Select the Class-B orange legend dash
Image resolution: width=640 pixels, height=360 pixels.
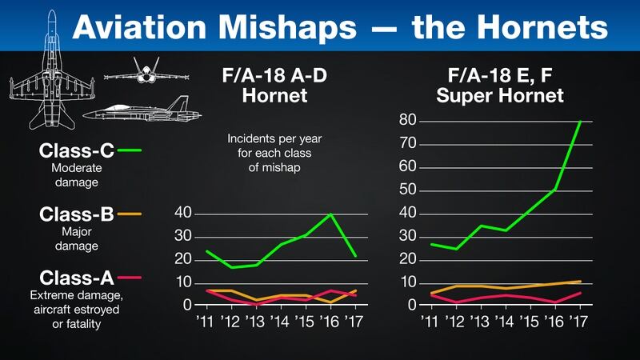129,214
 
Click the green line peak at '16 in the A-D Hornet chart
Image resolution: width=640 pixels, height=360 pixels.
330,214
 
